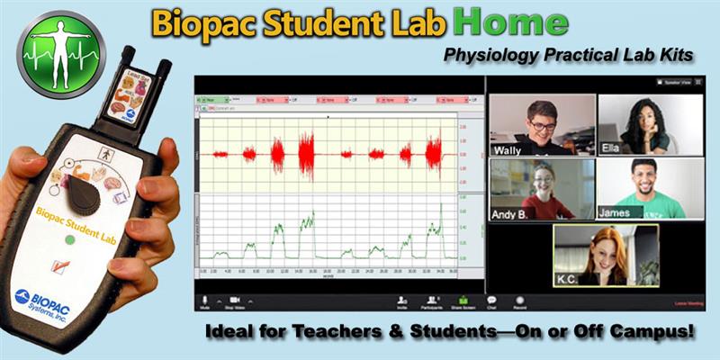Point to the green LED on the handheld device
[x=67, y=240]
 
